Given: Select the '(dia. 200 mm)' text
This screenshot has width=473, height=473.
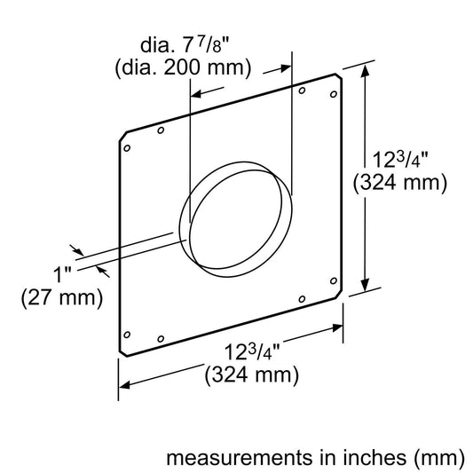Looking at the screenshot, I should click(x=196, y=67).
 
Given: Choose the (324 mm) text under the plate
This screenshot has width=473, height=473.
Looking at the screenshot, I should click(x=250, y=374).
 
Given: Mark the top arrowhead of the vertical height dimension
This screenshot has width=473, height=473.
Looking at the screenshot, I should click(x=365, y=72).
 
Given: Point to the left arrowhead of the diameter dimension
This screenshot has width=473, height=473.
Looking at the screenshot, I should click(x=197, y=92).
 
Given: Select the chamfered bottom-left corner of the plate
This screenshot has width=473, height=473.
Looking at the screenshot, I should click(x=122, y=351).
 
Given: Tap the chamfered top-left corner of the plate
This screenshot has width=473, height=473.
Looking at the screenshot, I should click(x=122, y=140).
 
